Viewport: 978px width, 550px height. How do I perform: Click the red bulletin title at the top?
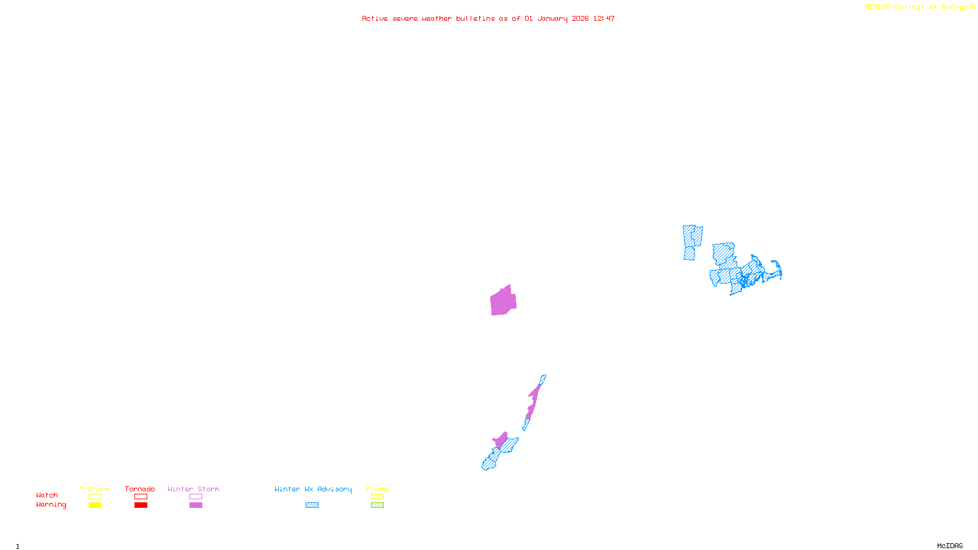click(488, 18)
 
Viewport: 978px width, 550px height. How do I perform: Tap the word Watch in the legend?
click(47, 495)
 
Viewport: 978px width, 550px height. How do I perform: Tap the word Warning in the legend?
click(51, 505)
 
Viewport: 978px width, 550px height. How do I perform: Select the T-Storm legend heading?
click(94, 489)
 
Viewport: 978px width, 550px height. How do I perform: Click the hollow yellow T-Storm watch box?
click(95, 497)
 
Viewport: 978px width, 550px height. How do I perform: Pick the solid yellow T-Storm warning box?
click(95, 505)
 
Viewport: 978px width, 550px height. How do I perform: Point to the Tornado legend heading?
click(140, 489)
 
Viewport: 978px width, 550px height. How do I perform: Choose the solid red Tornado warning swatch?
click(141, 505)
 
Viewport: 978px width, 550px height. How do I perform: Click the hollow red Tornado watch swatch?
click(141, 497)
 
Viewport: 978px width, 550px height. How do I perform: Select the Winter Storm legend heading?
click(193, 489)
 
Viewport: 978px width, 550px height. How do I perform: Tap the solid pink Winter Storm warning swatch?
click(196, 505)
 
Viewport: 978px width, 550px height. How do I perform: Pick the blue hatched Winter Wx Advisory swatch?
click(312, 505)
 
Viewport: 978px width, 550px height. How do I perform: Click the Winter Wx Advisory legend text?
click(313, 489)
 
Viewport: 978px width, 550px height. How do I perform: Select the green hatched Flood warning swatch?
click(377, 505)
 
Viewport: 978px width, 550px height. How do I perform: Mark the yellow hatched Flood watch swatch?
click(377, 497)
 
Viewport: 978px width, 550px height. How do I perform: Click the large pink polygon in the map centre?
click(503, 301)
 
